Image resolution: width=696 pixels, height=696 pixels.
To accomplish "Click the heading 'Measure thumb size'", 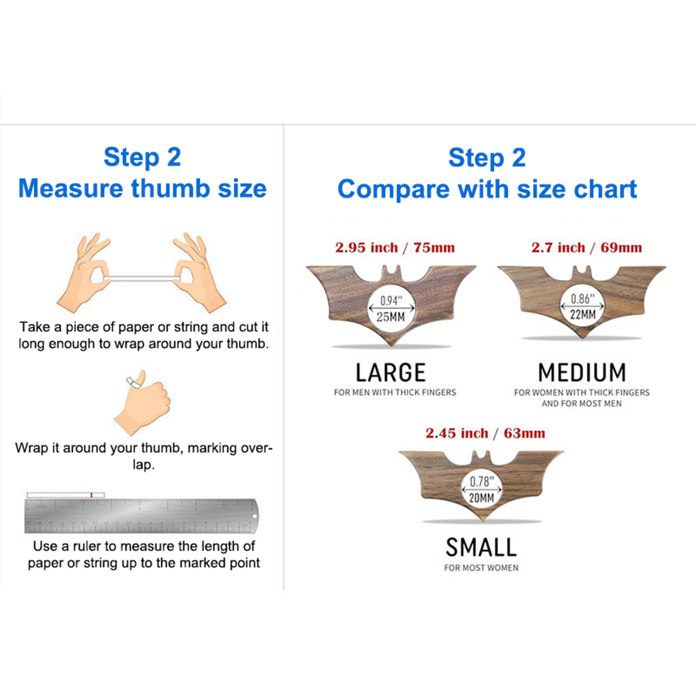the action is coord(142,188).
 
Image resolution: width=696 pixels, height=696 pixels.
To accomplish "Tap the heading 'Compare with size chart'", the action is coord(487,189).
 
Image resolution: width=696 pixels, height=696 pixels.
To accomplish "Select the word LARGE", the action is coord(391,373).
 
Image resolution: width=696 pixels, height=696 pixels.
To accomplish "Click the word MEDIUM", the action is coord(582,373).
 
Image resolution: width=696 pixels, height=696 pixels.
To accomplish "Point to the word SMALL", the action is coord(481,547).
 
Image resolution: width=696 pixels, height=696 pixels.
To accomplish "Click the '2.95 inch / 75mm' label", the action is coord(395,248).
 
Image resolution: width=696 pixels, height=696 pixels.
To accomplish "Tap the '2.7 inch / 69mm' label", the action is coord(586,248).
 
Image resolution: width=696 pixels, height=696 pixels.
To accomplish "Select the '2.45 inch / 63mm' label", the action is coord(485,433).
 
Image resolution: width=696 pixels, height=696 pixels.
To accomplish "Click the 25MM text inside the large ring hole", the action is coord(391,317).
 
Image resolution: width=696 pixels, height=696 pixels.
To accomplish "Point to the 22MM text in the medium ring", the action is coord(583,315).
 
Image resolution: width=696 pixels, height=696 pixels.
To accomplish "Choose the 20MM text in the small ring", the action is coord(482,498).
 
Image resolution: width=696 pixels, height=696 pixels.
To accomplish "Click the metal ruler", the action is coord(141,516).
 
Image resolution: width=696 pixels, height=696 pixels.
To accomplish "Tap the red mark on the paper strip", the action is coord(91,495).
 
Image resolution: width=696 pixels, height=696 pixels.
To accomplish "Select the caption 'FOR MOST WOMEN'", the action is coord(481,568).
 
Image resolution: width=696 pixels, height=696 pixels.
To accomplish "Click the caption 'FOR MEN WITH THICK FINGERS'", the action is coord(395,392).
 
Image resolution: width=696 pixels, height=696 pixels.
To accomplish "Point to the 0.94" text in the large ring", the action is coord(391,301).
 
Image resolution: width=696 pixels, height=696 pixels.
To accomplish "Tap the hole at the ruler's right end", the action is coord(254,516).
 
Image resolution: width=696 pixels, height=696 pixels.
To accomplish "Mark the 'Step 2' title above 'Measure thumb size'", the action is coord(142,157).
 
